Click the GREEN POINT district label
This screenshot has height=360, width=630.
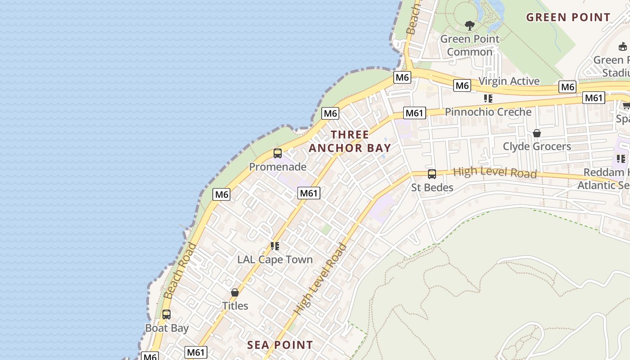568,18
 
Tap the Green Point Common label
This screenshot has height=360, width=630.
470,45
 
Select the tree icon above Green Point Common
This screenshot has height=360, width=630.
470,26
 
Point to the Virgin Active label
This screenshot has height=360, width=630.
509,81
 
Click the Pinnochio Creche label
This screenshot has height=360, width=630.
488,112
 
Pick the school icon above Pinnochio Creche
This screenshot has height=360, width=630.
488,98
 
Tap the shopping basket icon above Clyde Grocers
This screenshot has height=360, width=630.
536,133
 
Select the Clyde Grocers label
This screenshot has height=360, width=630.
536,147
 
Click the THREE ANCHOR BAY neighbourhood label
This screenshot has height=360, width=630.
350,141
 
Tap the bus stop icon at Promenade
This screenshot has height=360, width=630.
278,153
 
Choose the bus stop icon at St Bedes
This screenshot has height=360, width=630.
432,174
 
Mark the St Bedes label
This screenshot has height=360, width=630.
432,187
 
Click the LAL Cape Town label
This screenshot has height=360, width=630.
274,260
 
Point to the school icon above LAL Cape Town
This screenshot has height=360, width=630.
274,246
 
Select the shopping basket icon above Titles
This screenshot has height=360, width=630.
234,292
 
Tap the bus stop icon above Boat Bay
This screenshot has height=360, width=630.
166,315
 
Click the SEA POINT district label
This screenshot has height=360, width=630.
280,345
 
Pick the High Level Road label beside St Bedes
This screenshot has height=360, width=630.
495,172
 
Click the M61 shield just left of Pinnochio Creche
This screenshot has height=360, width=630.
414,113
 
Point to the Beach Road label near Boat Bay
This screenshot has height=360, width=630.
180,271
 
